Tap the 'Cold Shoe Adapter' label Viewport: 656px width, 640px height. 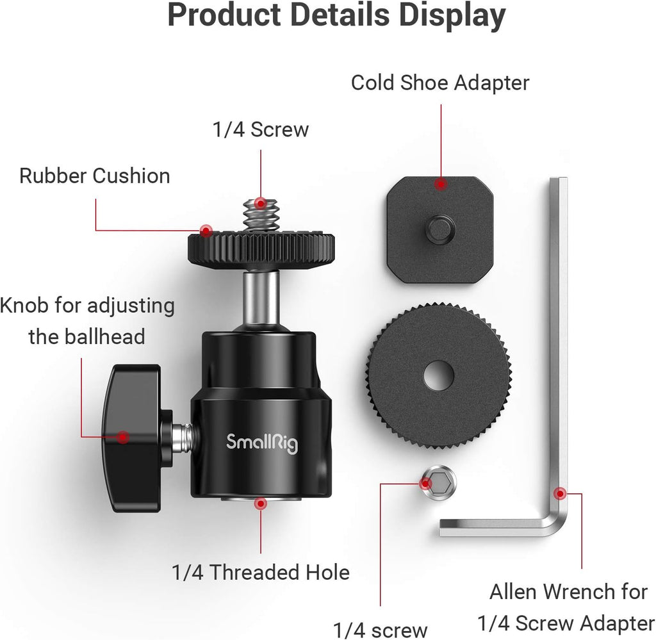pos(440,83)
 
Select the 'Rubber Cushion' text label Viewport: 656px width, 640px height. pos(95,176)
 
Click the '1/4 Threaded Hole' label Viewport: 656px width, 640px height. pos(261,572)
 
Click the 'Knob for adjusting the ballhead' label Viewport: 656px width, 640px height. pos(87,320)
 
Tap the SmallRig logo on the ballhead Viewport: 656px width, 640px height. pos(262,442)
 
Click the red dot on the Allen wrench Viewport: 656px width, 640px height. pos(560,493)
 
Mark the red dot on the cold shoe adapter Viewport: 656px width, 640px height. pos(440,184)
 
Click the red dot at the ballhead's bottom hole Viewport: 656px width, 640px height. pos(260,504)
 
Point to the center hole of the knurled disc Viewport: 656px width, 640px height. pos(439,375)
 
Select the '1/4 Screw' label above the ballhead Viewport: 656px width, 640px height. pos(260,129)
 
